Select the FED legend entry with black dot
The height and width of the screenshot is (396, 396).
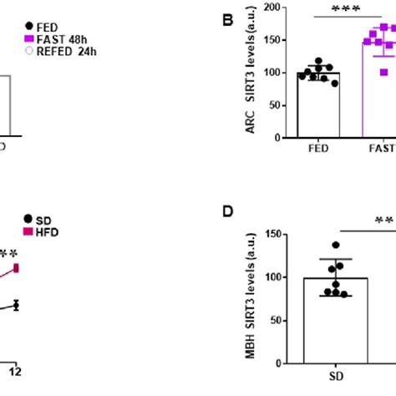click(x=42, y=26)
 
